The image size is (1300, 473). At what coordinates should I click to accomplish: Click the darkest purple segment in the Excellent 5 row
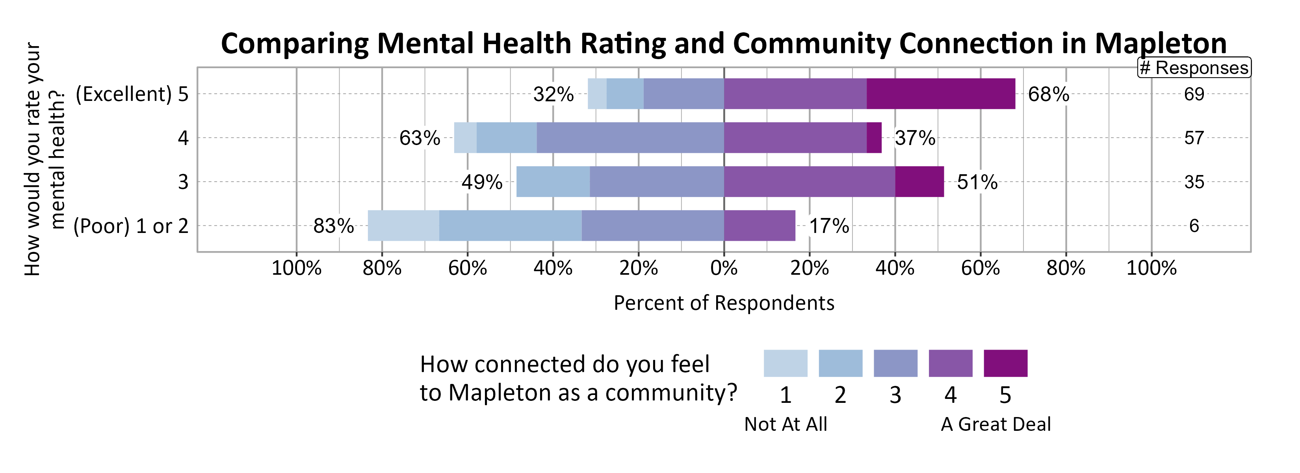point(941,94)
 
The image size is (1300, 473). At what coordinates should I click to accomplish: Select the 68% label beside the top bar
point(1048,94)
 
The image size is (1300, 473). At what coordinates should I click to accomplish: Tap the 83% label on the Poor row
point(334,226)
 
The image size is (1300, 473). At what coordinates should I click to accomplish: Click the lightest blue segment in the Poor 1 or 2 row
point(403,225)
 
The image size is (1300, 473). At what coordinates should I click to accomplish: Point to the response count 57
point(1194,138)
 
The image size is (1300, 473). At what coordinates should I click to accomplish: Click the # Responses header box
point(1194,68)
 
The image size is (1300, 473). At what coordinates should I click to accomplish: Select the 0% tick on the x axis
point(724,268)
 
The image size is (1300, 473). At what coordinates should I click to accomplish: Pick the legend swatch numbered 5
point(1005,363)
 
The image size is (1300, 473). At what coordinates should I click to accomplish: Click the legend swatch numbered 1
point(785,363)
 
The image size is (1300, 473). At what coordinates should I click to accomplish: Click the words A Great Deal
point(996,425)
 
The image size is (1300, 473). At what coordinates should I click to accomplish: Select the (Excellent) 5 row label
point(132,94)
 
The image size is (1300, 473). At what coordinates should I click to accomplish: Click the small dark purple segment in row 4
point(874,138)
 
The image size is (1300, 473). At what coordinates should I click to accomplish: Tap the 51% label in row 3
point(977,182)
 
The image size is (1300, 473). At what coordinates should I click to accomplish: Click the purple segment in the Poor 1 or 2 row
point(760,225)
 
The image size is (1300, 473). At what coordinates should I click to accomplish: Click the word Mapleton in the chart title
point(1160,43)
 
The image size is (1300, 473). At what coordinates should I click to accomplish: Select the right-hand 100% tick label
point(1151,268)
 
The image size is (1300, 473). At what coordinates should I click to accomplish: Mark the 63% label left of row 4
point(420,138)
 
